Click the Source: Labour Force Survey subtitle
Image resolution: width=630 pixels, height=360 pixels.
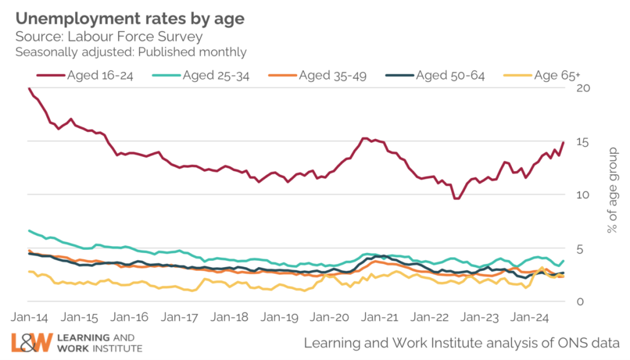109,37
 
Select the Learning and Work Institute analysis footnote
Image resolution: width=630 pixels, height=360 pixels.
462,342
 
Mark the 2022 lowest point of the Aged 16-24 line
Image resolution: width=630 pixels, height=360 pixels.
456,198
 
